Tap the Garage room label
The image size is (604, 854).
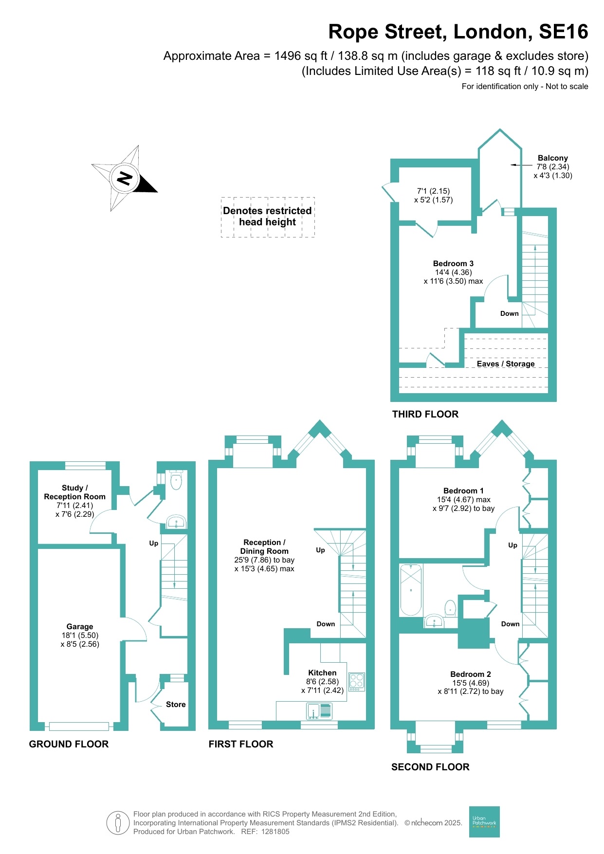80,627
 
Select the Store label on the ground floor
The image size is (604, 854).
176,704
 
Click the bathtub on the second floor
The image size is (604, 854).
411,590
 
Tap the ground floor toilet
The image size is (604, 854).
176,481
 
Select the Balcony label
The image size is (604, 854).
552,158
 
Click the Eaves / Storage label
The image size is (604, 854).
505,364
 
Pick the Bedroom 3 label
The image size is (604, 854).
453,264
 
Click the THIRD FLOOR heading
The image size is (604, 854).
425,414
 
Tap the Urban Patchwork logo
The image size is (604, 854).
484,822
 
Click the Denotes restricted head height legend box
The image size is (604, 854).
268,217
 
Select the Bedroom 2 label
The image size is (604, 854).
470,674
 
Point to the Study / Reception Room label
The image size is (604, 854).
74,492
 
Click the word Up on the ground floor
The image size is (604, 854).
154,543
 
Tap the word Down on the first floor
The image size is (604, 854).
326,624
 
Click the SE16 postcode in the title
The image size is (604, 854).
563,32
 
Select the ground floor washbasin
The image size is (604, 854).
176,522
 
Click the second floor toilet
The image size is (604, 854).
450,608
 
